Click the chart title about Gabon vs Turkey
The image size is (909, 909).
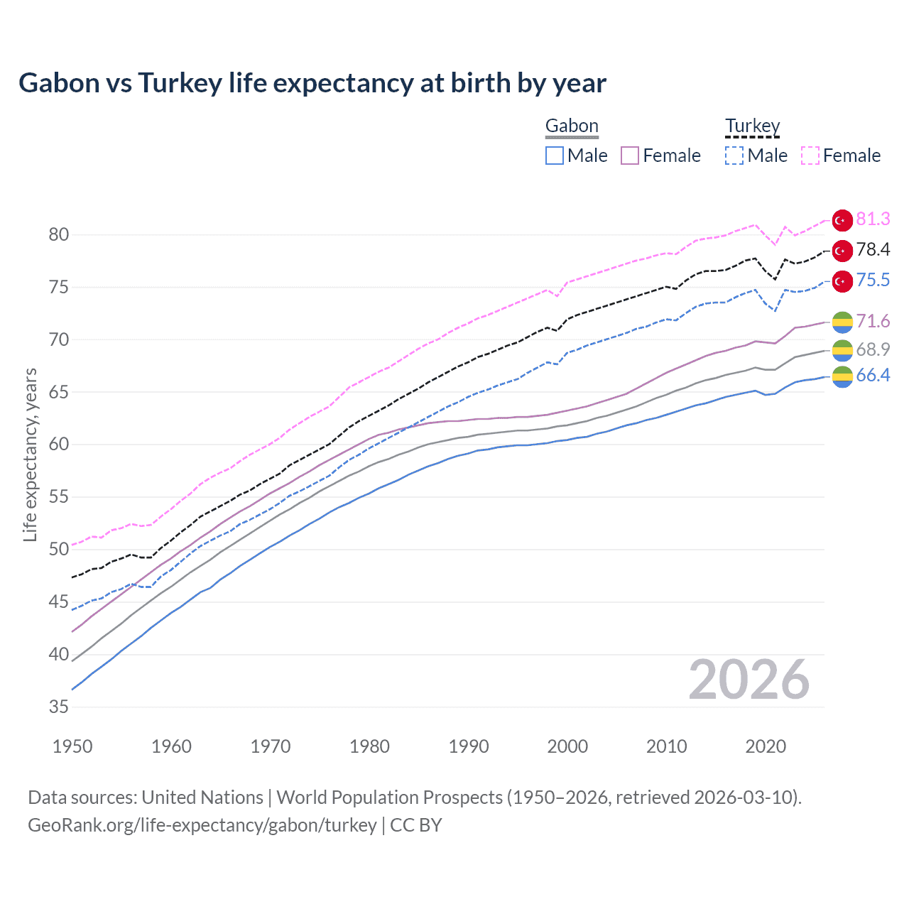tap(312, 83)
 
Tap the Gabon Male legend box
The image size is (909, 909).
tap(555, 156)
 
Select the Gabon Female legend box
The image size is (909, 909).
tap(630, 156)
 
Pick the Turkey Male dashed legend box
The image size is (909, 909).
tap(734, 156)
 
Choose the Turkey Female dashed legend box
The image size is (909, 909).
tap(810, 156)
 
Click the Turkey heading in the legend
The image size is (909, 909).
tap(752, 126)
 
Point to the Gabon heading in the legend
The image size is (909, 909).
tap(572, 126)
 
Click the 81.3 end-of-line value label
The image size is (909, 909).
tap(873, 219)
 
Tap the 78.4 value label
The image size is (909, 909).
tap(873, 250)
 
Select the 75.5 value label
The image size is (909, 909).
tap(873, 281)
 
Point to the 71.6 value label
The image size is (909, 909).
tap(873, 322)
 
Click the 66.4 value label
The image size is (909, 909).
tap(873, 376)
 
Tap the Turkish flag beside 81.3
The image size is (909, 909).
tap(842, 220)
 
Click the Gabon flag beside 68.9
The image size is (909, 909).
tap(842, 350)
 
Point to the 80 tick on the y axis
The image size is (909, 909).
tap(59, 235)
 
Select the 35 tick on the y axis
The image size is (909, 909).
tap(59, 707)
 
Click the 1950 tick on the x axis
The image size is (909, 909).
tap(72, 746)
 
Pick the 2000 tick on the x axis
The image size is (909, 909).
tap(567, 746)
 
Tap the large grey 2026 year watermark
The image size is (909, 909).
tap(749, 680)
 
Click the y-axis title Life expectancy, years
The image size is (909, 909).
tap(30, 454)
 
